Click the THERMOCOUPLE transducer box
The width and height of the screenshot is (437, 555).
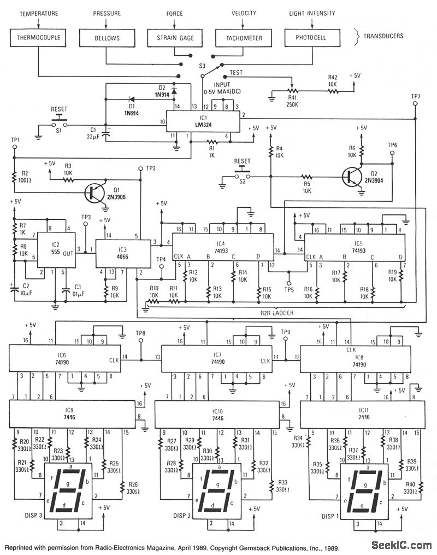39,38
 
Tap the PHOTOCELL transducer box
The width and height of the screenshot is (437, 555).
312,38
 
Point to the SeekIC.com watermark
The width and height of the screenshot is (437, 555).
401,545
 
